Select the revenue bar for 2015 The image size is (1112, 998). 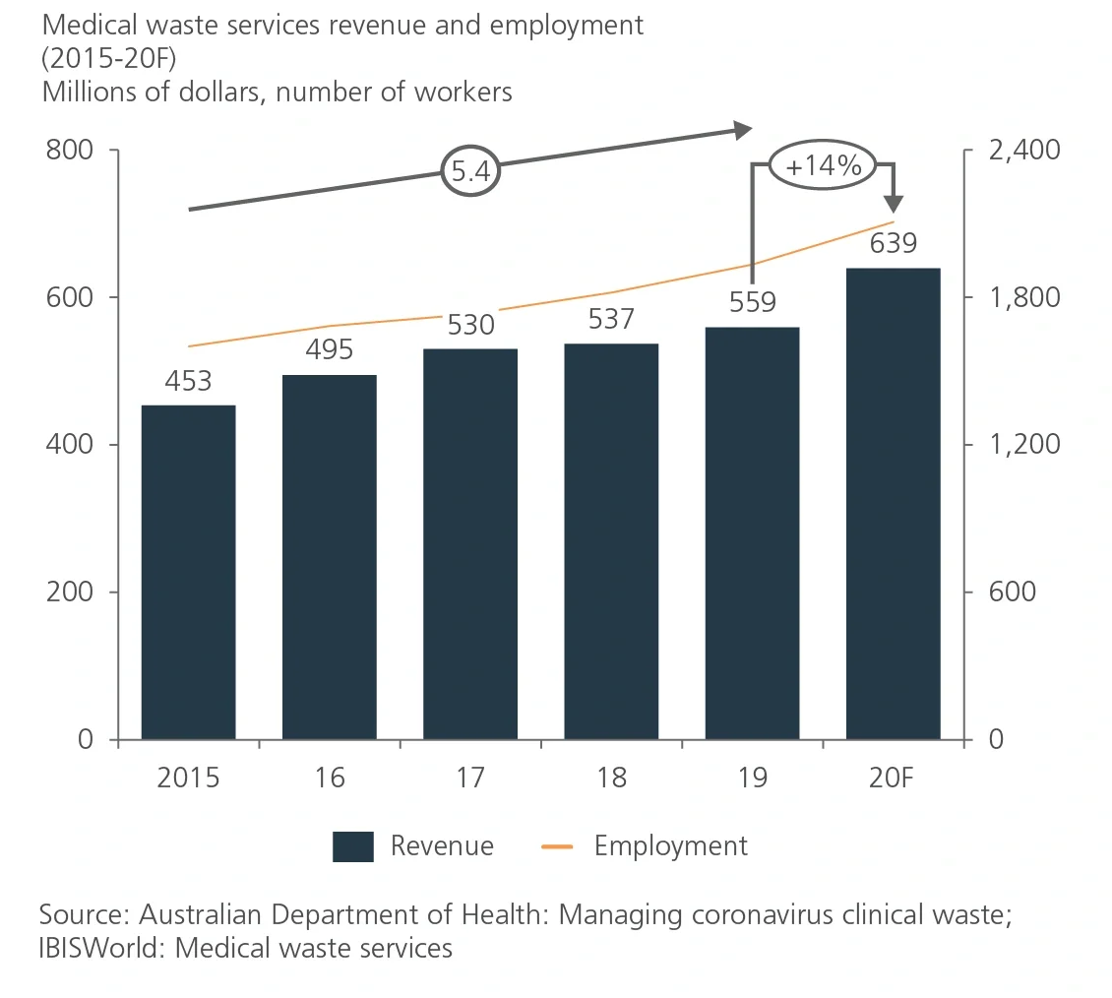(x=188, y=572)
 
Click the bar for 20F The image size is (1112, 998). (x=893, y=503)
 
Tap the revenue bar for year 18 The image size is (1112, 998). (x=611, y=541)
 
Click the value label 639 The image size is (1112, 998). (x=893, y=242)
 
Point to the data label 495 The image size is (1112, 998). (x=330, y=350)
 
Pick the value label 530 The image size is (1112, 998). (x=470, y=324)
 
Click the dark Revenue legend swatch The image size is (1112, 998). (x=352, y=846)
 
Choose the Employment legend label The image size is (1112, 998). (x=670, y=845)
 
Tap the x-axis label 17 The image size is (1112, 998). (x=470, y=778)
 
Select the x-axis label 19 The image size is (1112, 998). (x=752, y=778)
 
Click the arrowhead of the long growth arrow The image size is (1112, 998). (x=744, y=129)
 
